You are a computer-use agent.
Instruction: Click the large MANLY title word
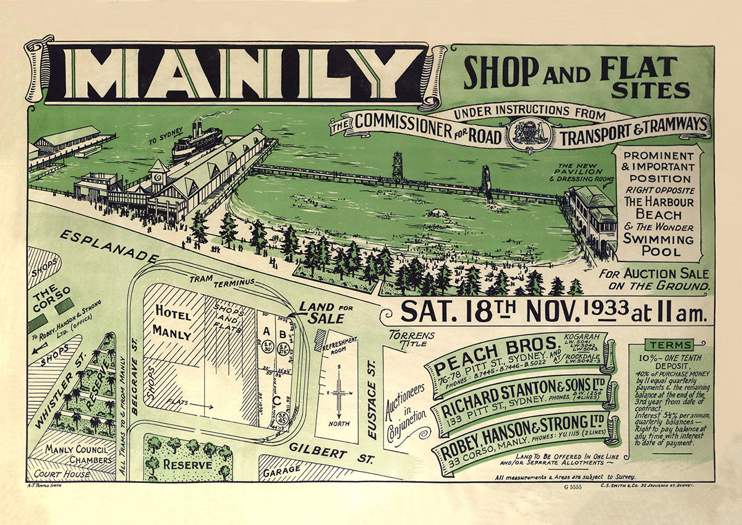point(238,73)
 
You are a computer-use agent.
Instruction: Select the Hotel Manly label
point(173,322)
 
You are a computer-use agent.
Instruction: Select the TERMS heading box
point(669,344)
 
